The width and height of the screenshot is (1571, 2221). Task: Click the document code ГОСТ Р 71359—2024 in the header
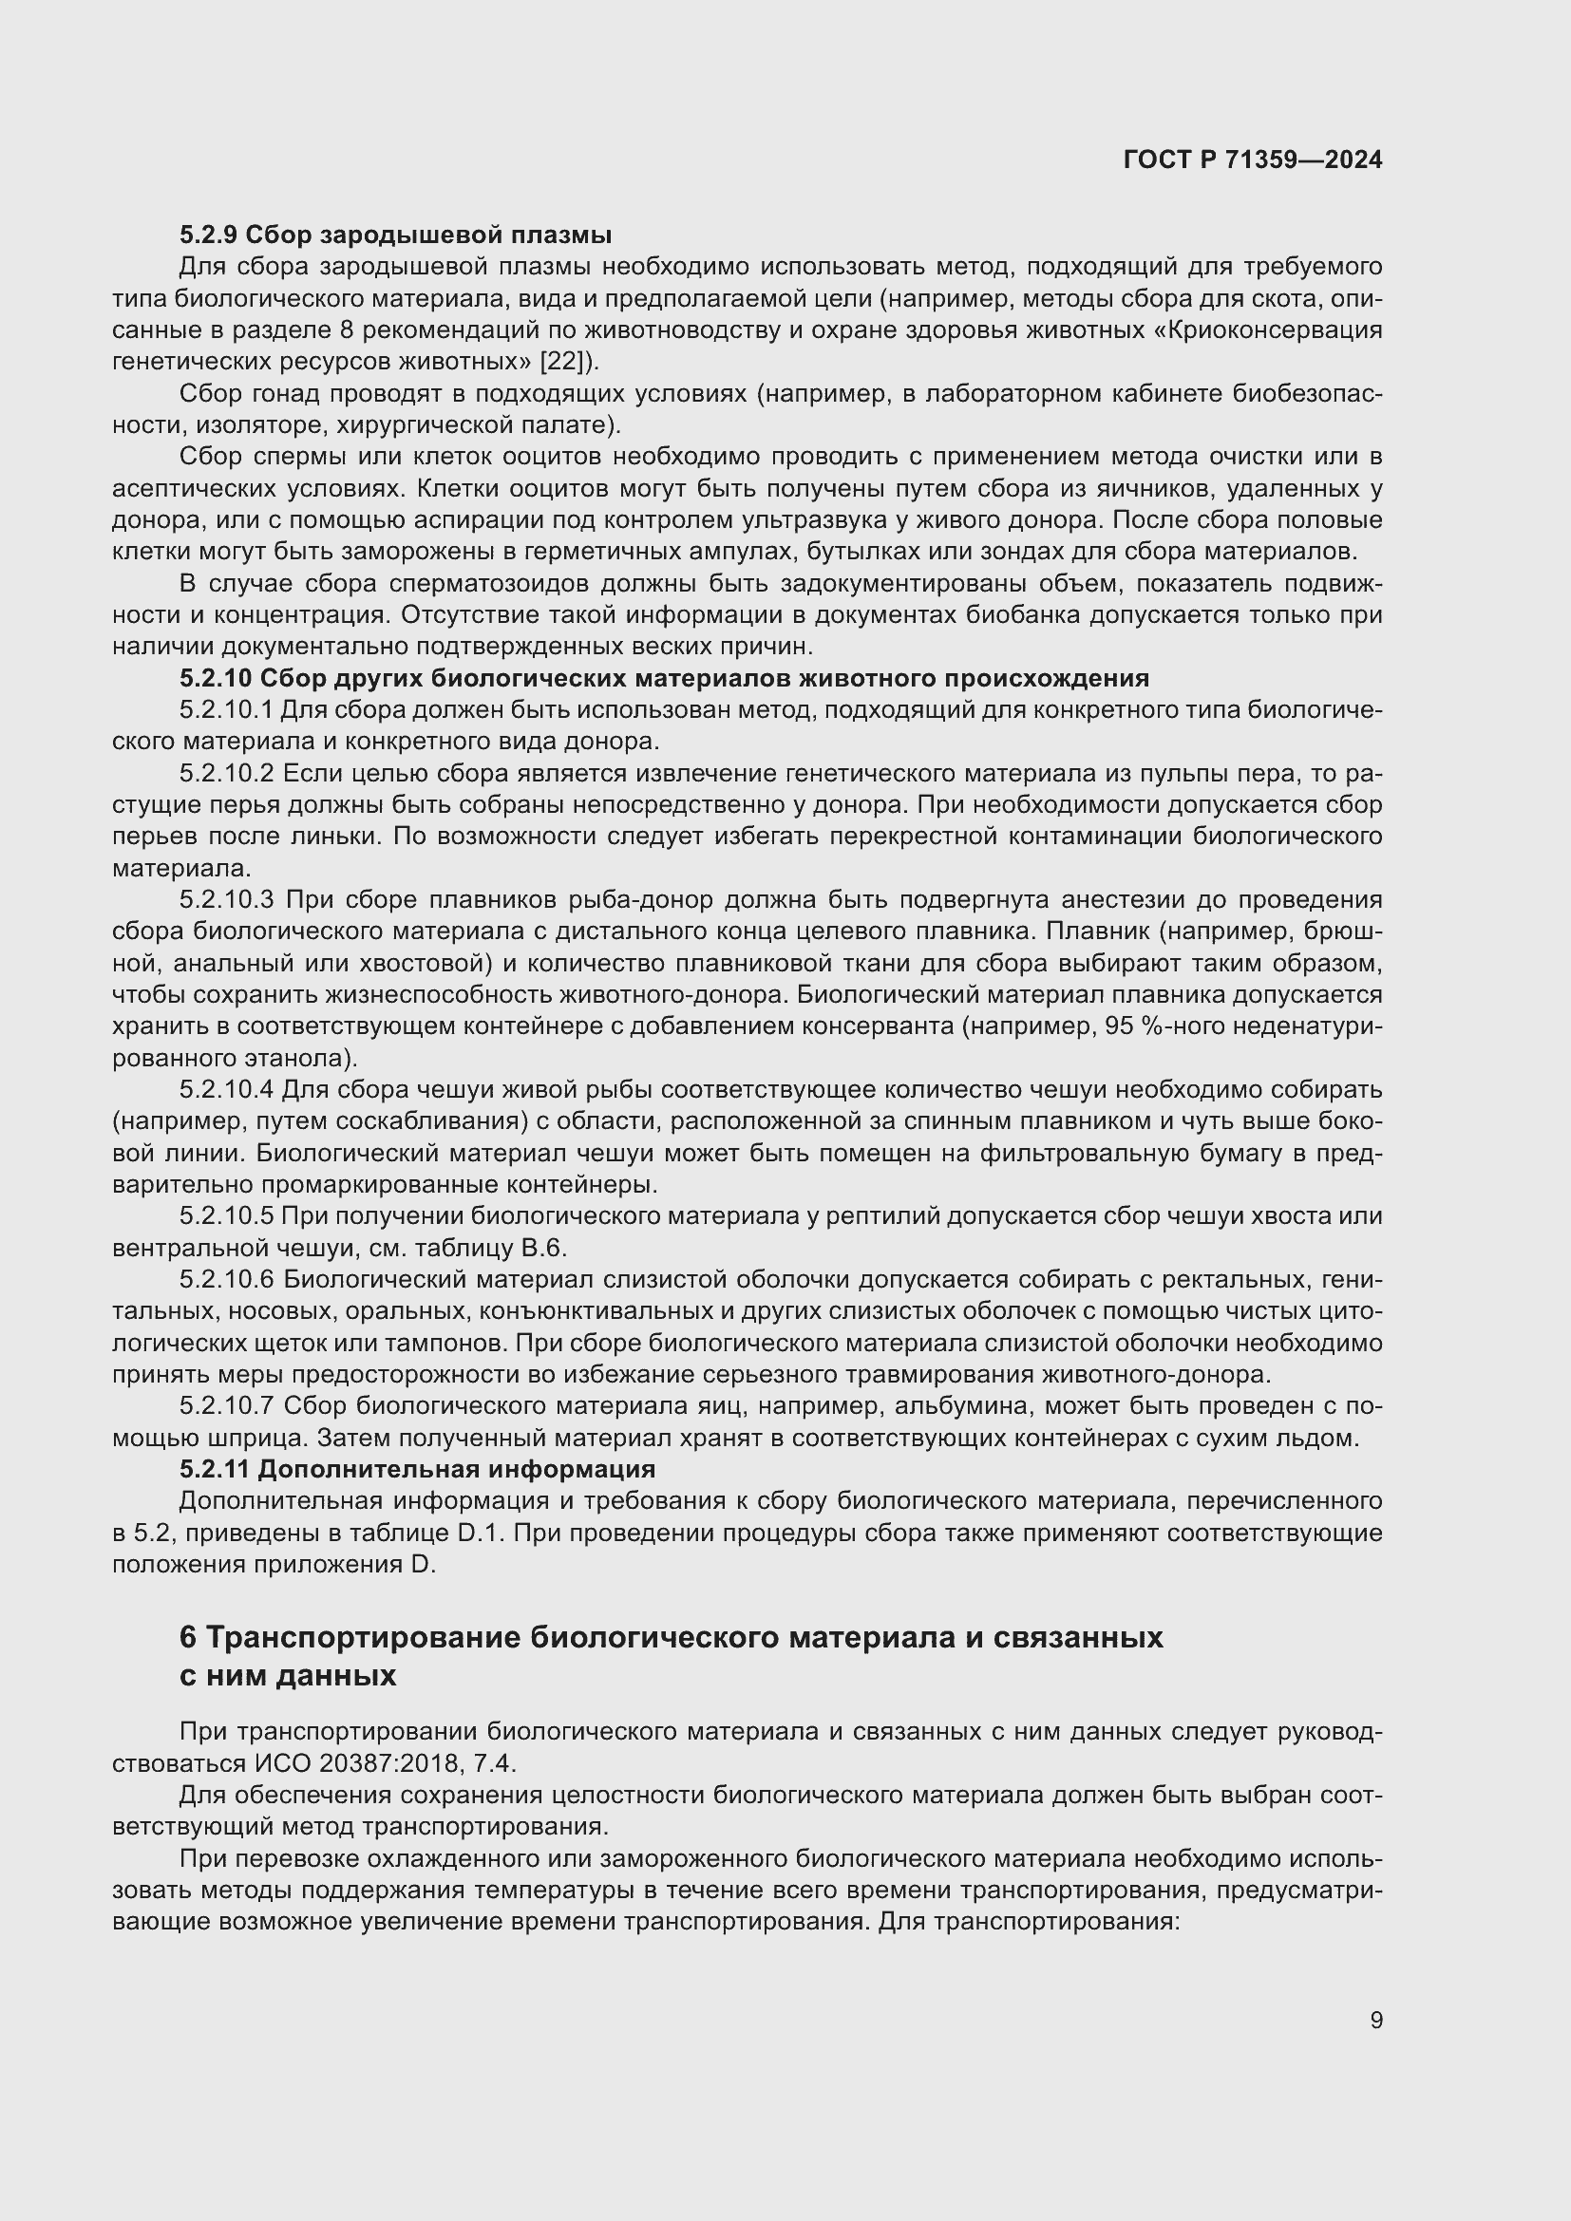coord(1253,160)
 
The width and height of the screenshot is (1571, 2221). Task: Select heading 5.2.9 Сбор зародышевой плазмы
coord(395,235)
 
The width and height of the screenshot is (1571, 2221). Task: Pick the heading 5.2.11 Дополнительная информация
coord(417,1468)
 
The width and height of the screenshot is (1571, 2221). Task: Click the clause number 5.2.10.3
coord(227,899)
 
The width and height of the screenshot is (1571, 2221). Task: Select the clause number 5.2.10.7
coord(227,1405)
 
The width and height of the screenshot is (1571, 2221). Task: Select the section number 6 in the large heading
coord(188,1637)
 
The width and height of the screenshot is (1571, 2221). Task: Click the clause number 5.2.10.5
coord(227,1216)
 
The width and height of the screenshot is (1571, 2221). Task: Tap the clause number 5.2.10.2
coord(227,773)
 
